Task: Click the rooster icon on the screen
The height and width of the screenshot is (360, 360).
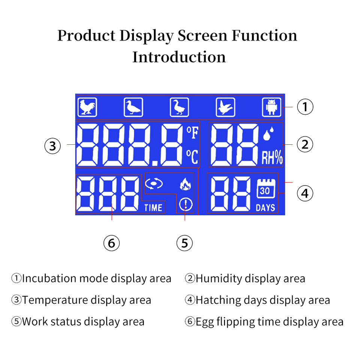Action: tap(87, 108)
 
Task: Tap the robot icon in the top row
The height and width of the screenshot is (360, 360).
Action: tap(271, 108)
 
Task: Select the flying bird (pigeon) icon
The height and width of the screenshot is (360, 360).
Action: tap(225, 108)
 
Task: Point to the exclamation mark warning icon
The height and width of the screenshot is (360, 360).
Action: tap(186, 204)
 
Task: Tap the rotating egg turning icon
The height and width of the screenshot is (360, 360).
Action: tap(154, 184)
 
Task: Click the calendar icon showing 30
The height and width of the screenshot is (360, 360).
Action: tap(265, 189)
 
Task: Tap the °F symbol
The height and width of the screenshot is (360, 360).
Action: tap(192, 133)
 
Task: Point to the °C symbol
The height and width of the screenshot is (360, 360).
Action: tap(192, 157)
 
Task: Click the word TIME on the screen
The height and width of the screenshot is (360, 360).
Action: tap(153, 207)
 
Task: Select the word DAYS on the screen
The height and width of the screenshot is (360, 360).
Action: tap(265, 207)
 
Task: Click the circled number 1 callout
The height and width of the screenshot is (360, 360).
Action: tap(305, 107)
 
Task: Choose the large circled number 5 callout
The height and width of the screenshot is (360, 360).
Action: tap(184, 243)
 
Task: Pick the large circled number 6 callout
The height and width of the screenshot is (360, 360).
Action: tap(111, 243)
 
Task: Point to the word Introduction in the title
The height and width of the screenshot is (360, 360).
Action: tap(179, 57)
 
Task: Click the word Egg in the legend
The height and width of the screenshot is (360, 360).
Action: tap(204, 322)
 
